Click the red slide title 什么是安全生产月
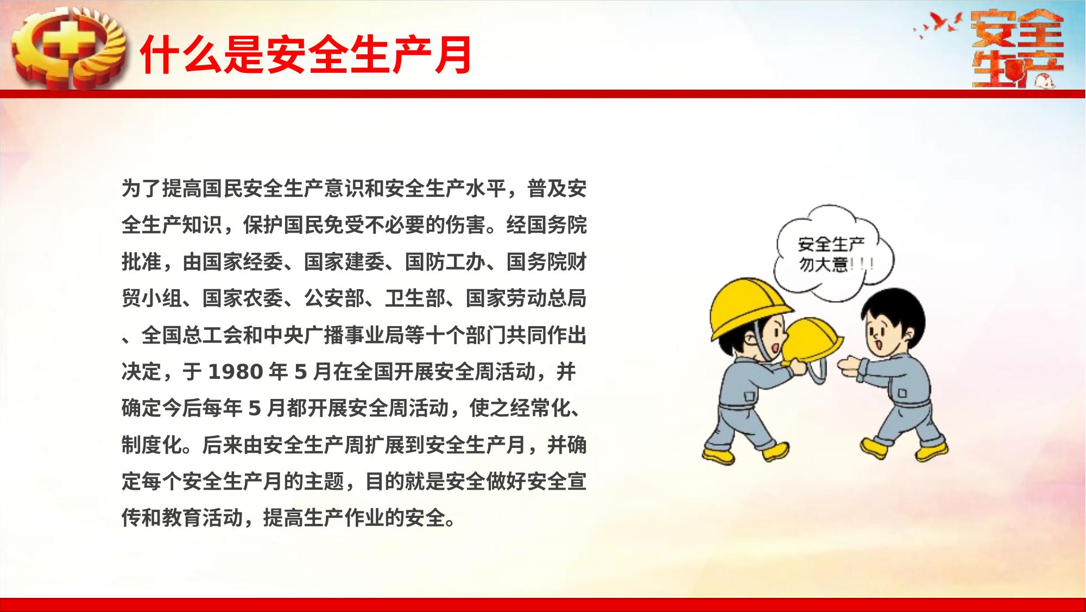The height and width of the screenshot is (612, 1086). [x=306, y=55]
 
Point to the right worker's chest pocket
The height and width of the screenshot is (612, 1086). [x=902, y=392]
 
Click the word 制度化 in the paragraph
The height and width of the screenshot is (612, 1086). [x=152, y=445]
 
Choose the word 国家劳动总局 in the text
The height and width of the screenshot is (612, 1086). [x=526, y=299]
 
